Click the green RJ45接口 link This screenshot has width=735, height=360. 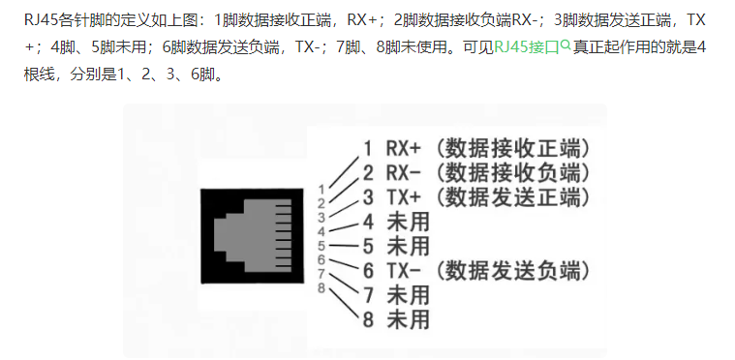click(x=527, y=47)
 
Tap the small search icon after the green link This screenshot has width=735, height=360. click(x=566, y=45)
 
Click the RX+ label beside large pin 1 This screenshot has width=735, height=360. click(x=404, y=148)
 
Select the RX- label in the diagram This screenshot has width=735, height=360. click(x=404, y=173)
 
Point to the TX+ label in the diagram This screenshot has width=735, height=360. click(x=404, y=197)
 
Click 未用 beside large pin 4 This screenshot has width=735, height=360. click(x=408, y=222)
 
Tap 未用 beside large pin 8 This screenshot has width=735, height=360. click(x=408, y=319)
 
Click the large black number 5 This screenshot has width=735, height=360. click(x=368, y=246)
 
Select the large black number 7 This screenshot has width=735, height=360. click(x=368, y=295)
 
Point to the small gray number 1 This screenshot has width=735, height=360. click(x=322, y=190)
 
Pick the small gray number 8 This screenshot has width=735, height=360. click(x=322, y=287)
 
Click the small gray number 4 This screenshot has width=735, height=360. click(x=322, y=231)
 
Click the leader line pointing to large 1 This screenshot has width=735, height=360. click(x=345, y=170)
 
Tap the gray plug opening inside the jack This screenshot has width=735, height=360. click(x=253, y=235)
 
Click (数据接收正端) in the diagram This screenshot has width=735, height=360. click(x=512, y=148)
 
